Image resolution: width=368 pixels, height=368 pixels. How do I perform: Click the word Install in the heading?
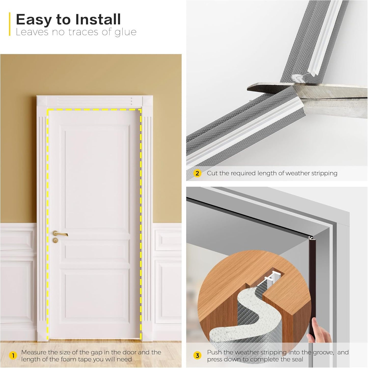98,20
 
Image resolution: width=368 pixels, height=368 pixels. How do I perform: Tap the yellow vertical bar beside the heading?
10,24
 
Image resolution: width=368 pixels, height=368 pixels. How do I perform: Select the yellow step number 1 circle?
13,356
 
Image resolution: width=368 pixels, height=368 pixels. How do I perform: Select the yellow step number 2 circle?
197,173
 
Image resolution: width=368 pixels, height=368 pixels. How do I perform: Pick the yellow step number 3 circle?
197,356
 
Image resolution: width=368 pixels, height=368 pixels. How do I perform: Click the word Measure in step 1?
34,352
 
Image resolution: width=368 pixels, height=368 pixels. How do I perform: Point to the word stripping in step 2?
324,173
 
